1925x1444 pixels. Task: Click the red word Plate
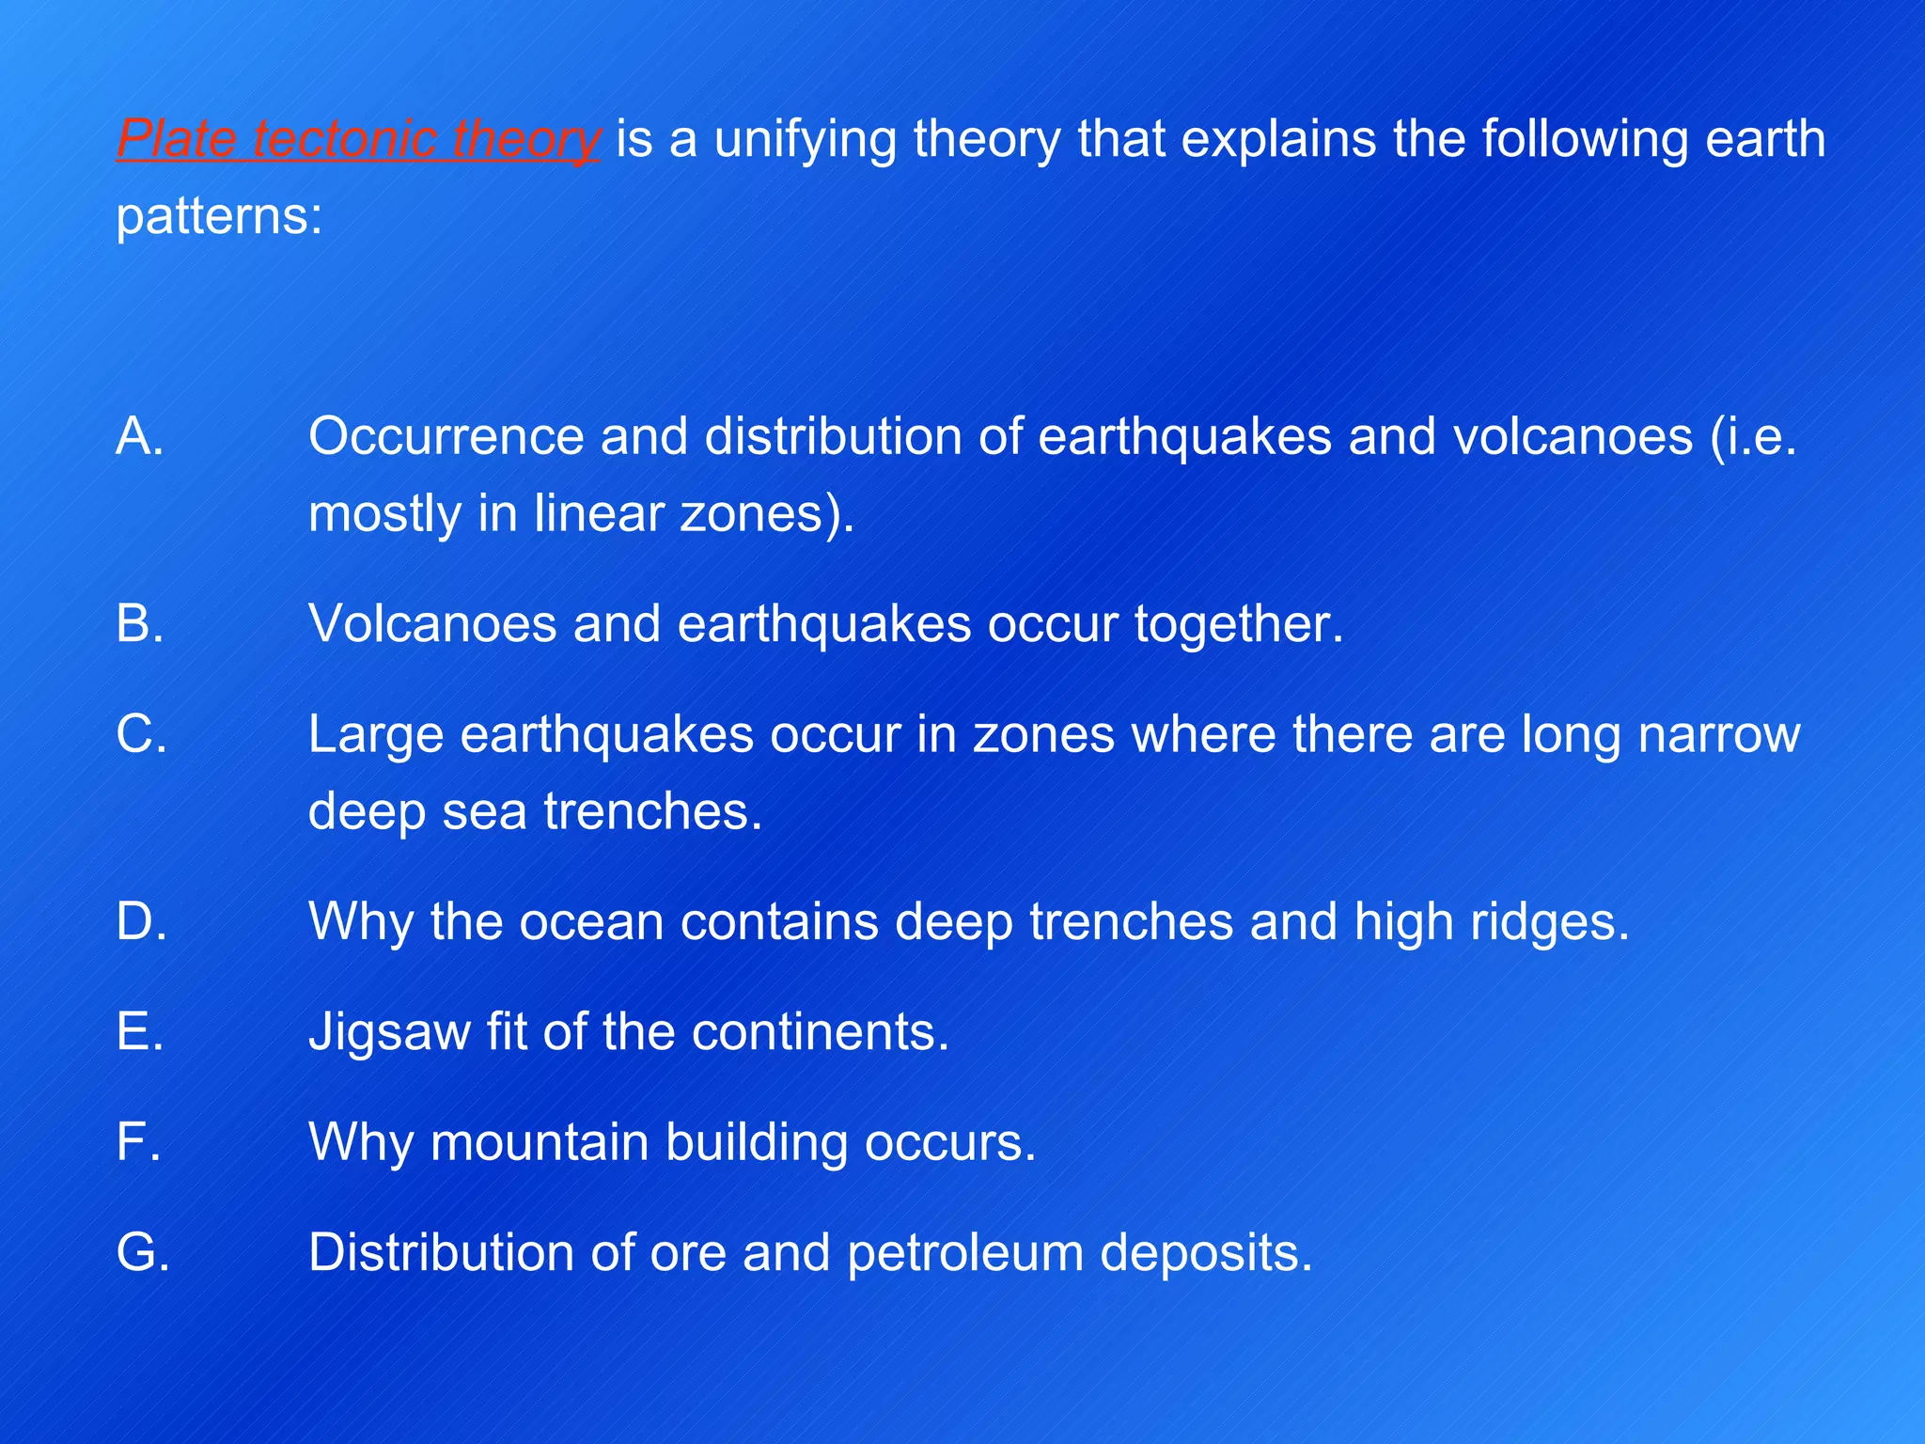tap(176, 139)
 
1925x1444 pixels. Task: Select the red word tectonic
tap(344, 139)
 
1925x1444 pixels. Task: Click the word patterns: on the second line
tap(219, 216)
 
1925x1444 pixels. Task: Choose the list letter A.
tap(140, 436)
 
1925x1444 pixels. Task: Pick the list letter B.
tap(140, 623)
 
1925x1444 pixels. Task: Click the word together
tap(1239, 623)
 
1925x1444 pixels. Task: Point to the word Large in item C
tap(375, 734)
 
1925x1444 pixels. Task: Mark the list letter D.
tap(142, 921)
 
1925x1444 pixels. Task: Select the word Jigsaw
tap(389, 1032)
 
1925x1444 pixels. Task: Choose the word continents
tap(821, 1032)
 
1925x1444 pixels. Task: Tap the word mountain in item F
tap(540, 1142)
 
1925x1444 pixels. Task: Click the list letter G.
tap(143, 1253)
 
